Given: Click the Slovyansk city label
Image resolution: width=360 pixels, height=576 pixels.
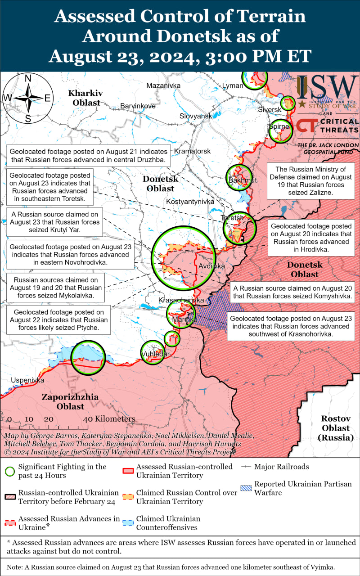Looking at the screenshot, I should [x=196, y=116].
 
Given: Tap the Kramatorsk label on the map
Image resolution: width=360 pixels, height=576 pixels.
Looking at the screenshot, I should [x=192, y=151].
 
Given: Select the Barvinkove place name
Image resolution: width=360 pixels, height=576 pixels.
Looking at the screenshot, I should [x=138, y=106].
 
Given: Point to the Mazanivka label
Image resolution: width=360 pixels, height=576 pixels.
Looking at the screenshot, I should [x=163, y=85].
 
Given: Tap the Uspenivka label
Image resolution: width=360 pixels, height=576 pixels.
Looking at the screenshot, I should [x=28, y=380].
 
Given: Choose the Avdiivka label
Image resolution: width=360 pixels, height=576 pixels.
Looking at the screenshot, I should [x=211, y=266].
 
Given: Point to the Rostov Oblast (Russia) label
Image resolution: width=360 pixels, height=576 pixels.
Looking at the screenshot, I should [x=336, y=427].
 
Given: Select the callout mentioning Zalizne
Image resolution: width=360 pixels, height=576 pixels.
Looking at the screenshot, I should [x=313, y=180].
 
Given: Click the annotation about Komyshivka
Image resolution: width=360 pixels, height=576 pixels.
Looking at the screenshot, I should [x=292, y=292].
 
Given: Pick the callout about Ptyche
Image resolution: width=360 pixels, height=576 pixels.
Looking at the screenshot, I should [x=58, y=320].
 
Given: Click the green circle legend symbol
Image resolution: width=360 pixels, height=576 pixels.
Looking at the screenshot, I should [x=9, y=471].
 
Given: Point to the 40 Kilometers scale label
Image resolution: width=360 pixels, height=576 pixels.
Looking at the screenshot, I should [x=109, y=419].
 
